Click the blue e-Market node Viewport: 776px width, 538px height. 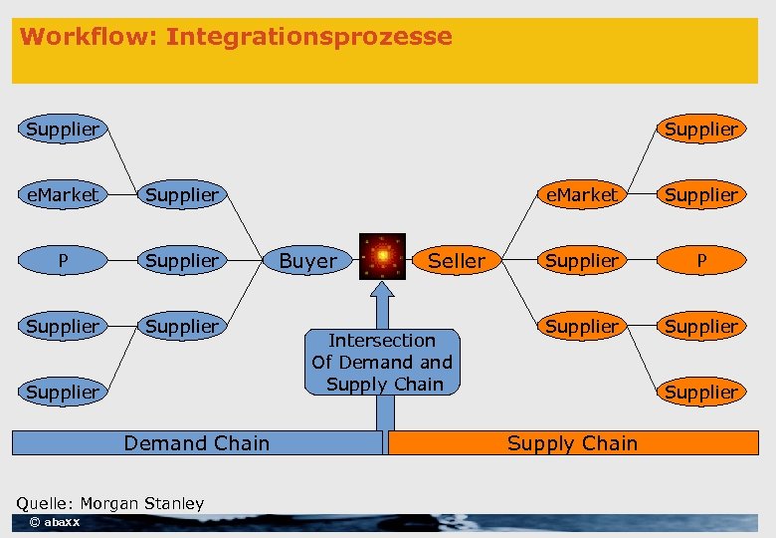[62, 194]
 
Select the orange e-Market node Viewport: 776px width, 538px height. [582, 194]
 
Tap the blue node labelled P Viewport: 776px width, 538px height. [62, 260]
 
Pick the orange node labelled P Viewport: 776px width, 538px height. [700, 260]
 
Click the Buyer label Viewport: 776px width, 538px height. [307, 261]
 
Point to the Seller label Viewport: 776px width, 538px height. [456, 261]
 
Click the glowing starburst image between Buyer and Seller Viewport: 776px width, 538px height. [382, 257]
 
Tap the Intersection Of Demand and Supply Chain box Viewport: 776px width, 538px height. [382, 362]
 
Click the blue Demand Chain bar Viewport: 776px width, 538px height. [196, 443]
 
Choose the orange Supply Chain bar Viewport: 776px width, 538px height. [572, 443]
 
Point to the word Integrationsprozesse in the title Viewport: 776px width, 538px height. [308, 37]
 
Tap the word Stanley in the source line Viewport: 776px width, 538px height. [179, 503]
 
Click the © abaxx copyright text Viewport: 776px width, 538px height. [55, 522]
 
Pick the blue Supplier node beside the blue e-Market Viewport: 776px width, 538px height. [181, 194]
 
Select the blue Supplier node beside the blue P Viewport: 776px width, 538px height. [181, 260]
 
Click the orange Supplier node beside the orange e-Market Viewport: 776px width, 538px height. [700, 194]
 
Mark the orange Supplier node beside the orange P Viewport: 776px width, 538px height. [582, 260]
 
